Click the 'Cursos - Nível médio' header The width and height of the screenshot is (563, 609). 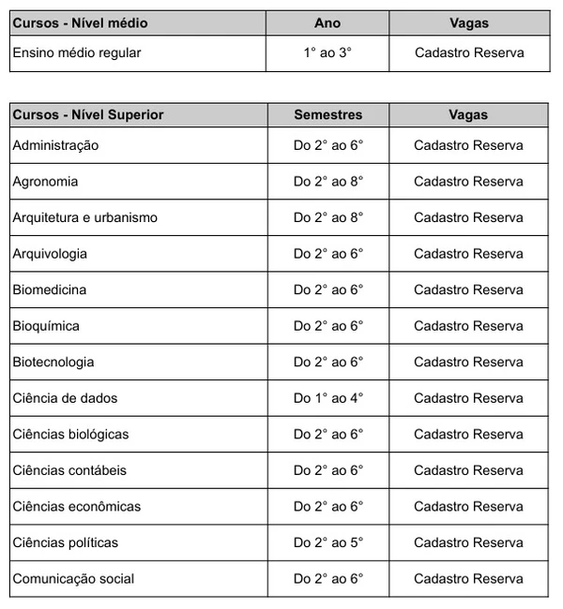(x=80, y=22)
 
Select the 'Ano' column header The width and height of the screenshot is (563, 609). (x=327, y=22)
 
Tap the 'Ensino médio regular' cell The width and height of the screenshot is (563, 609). (x=76, y=53)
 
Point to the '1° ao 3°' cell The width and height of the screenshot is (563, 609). (x=327, y=53)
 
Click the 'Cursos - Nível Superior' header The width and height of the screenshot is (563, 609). (x=88, y=114)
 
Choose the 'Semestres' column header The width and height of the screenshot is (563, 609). (x=327, y=114)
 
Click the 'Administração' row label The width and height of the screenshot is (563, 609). (x=55, y=145)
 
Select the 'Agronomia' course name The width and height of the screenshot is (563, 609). (x=45, y=182)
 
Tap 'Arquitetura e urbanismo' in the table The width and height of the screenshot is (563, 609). (x=84, y=217)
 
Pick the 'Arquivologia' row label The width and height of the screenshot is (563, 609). (x=50, y=254)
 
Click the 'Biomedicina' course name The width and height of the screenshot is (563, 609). (x=49, y=290)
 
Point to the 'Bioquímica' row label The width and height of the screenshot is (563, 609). (x=46, y=326)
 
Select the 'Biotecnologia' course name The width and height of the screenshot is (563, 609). (x=53, y=362)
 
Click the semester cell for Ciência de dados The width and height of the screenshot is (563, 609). (x=327, y=398)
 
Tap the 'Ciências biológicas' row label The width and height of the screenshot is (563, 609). (x=70, y=434)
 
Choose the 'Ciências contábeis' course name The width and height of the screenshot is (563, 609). (x=69, y=470)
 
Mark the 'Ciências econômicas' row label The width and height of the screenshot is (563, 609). (x=77, y=506)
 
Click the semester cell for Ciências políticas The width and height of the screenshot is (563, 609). (x=327, y=542)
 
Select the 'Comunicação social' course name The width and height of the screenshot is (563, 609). (x=73, y=578)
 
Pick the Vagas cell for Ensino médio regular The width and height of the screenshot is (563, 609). (x=469, y=53)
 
